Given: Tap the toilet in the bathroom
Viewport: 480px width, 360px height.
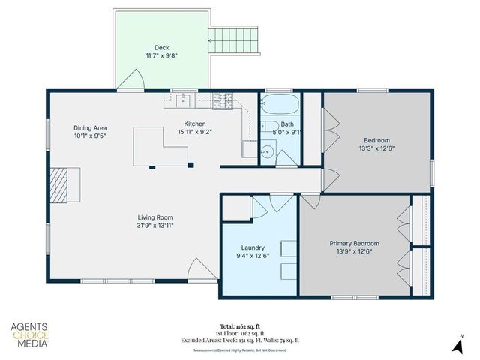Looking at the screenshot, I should (268, 125).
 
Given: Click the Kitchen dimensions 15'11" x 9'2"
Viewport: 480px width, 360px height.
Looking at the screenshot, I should (195, 133).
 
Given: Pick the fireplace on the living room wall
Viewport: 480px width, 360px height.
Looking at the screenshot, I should (59, 181).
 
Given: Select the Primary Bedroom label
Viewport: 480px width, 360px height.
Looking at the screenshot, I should (355, 243).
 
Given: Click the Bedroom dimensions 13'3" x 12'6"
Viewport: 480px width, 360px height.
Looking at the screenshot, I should (376, 148).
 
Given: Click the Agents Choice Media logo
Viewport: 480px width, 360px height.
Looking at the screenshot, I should (30, 334).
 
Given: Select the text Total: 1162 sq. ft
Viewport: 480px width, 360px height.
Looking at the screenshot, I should (239, 326).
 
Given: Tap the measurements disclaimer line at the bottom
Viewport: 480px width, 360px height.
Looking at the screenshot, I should (239, 349).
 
